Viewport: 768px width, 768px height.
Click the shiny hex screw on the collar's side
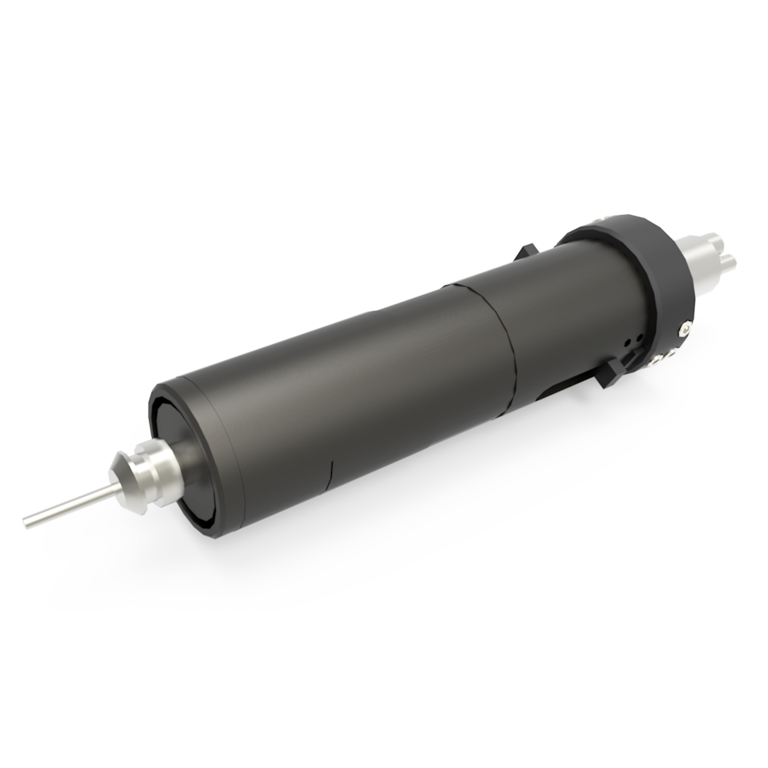tap(685, 329)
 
